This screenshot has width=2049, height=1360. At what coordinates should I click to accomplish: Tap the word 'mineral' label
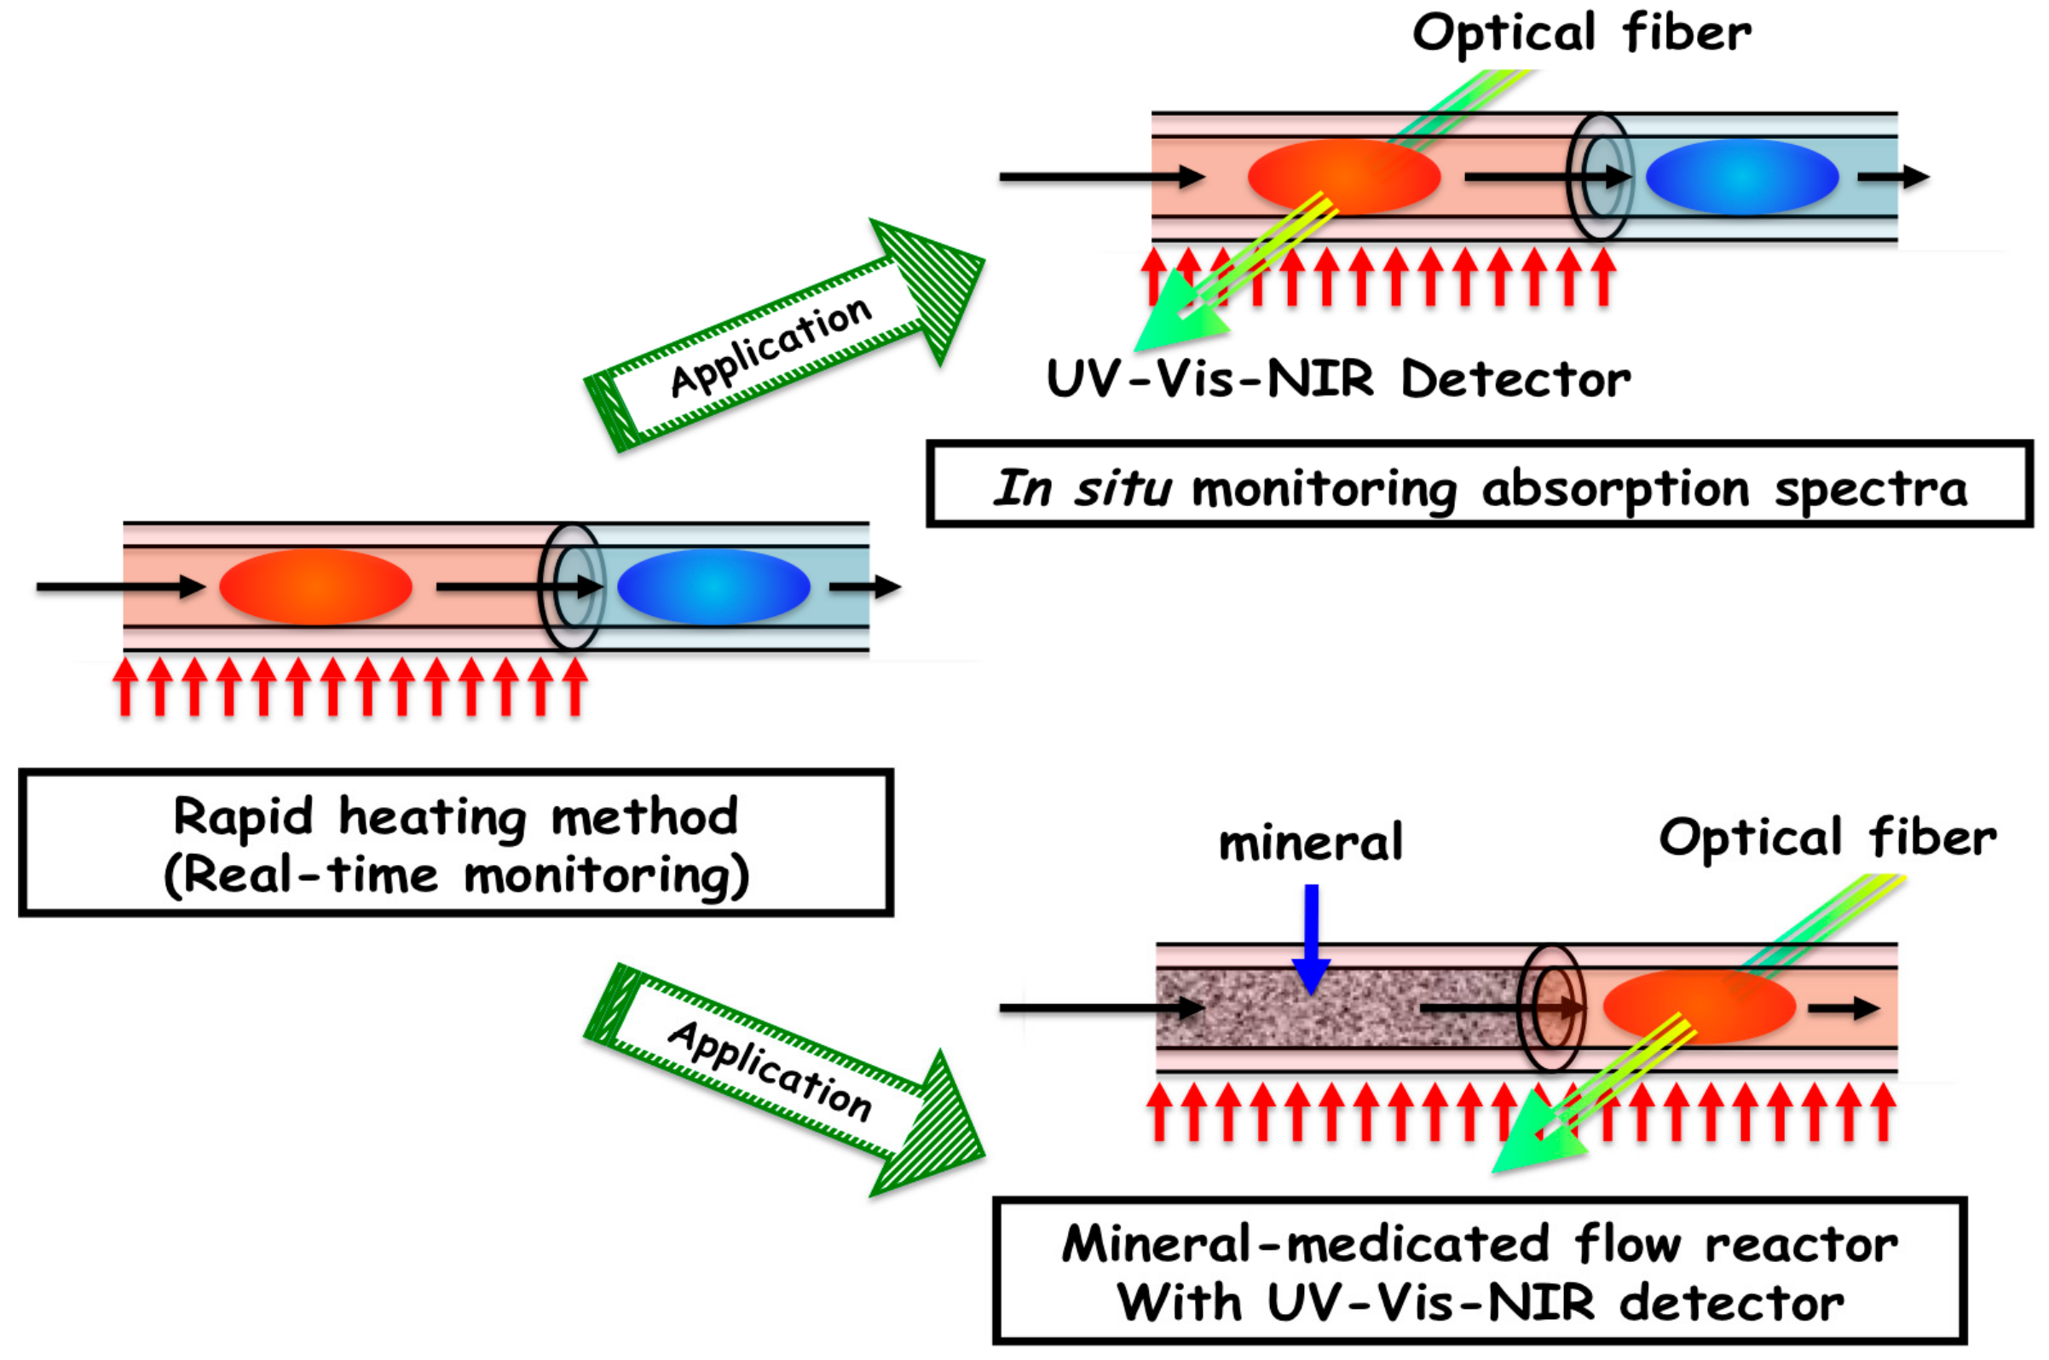[x=1310, y=843]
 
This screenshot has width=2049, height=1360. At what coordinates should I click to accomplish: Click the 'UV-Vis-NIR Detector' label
[x=1338, y=380]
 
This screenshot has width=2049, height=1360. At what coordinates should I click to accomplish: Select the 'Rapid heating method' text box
[x=456, y=841]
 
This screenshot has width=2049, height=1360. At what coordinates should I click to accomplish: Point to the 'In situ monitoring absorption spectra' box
[x=1480, y=484]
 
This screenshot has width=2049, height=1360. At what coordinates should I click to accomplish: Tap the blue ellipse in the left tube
[x=713, y=587]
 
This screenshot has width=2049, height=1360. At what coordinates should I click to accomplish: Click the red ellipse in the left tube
[x=315, y=587]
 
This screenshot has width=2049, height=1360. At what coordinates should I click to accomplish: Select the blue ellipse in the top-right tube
[x=1742, y=177]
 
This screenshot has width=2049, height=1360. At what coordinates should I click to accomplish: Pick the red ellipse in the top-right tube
[x=1344, y=177]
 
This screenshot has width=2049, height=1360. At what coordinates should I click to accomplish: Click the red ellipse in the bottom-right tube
[x=1700, y=1006]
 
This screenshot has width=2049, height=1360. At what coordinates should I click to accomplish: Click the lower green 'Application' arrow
[x=785, y=1079]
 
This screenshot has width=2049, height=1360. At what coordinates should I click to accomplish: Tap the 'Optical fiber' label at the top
[x=1581, y=35]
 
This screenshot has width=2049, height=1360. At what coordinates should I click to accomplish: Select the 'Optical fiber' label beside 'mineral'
[x=1827, y=839]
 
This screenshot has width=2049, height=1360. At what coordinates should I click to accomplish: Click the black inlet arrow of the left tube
[x=120, y=587]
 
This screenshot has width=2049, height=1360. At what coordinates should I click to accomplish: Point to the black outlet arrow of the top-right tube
[x=1893, y=177]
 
